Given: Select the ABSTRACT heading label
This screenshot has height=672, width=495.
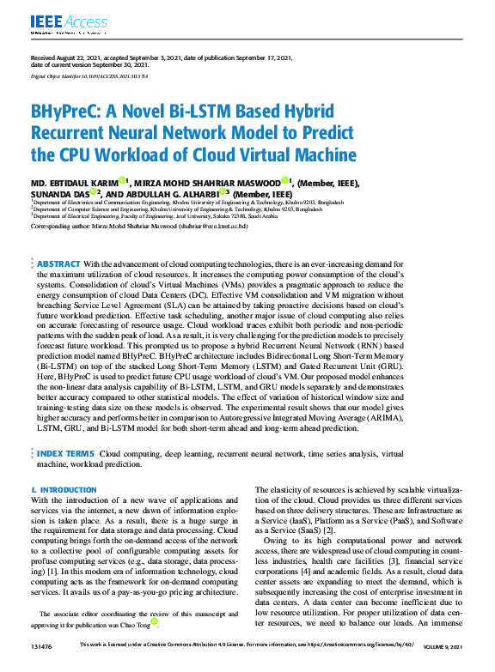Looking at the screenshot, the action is [x=59, y=263].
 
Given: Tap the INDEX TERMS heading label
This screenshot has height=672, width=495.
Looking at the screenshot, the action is [x=65, y=452].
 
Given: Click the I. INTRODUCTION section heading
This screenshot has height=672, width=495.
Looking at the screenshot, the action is [x=64, y=489].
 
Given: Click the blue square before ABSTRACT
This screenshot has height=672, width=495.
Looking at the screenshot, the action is [x=33, y=263].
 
